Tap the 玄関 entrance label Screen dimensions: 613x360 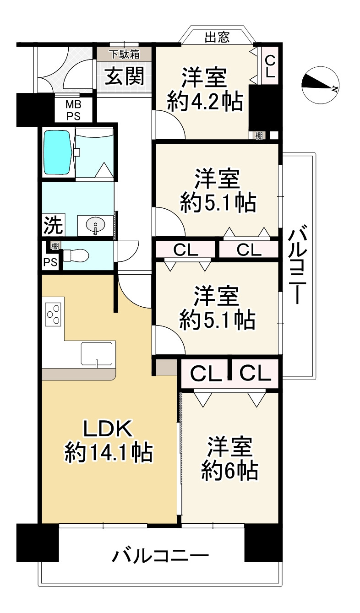(x=125, y=76)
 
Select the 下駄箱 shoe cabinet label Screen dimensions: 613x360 (x=124, y=54)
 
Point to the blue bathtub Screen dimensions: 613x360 (x=57, y=152)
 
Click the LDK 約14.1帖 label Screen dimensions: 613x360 (x=108, y=441)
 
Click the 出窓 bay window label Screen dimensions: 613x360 (x=217, y=37)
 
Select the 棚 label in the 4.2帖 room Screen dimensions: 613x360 (x=259, y=135)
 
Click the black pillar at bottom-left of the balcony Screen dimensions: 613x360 (x=38, y=542)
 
